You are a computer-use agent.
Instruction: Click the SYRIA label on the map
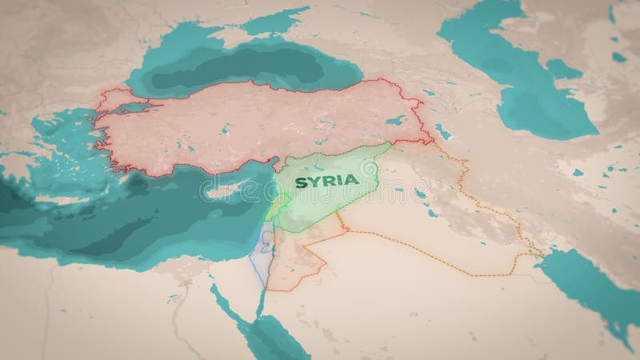click(x=326, y=182)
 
